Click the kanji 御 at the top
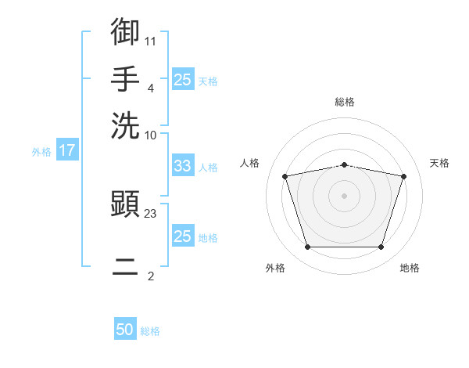125,31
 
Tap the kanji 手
125,78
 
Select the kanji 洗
125,125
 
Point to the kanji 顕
125,204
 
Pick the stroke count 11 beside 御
150,41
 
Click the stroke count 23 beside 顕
150,214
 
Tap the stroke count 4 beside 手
151,88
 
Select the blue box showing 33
183,165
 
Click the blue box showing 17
67,150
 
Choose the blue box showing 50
125,328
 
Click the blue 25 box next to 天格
183,79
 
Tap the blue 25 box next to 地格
183,235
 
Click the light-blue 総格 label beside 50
150,331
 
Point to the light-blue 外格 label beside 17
41,152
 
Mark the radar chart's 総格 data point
344,165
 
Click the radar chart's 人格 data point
285,176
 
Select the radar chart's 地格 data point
381,247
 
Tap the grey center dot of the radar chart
344,196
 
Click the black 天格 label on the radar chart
439,163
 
